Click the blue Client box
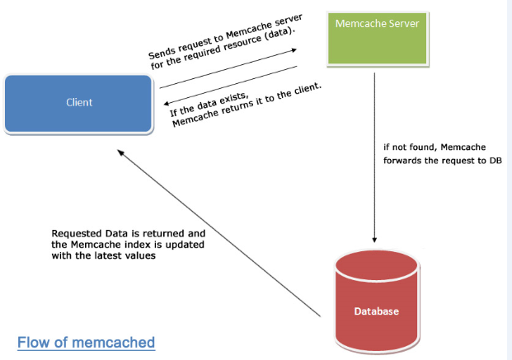pyautogui.click(x=78, y=103)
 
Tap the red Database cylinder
pyautogui.click(x=376, y=305)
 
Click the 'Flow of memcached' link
pyautogui.click(x=86, y=341)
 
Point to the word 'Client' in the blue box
pyautogui.click(x=79, y=103)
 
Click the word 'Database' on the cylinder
pyautogui.click(x=376, y=311)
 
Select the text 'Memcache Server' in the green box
pyautogui.click(x=377, y=24)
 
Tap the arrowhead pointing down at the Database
pyautogui.click(x=376, y=236)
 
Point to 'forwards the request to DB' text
pyautogui.click(x=442, y=160)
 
